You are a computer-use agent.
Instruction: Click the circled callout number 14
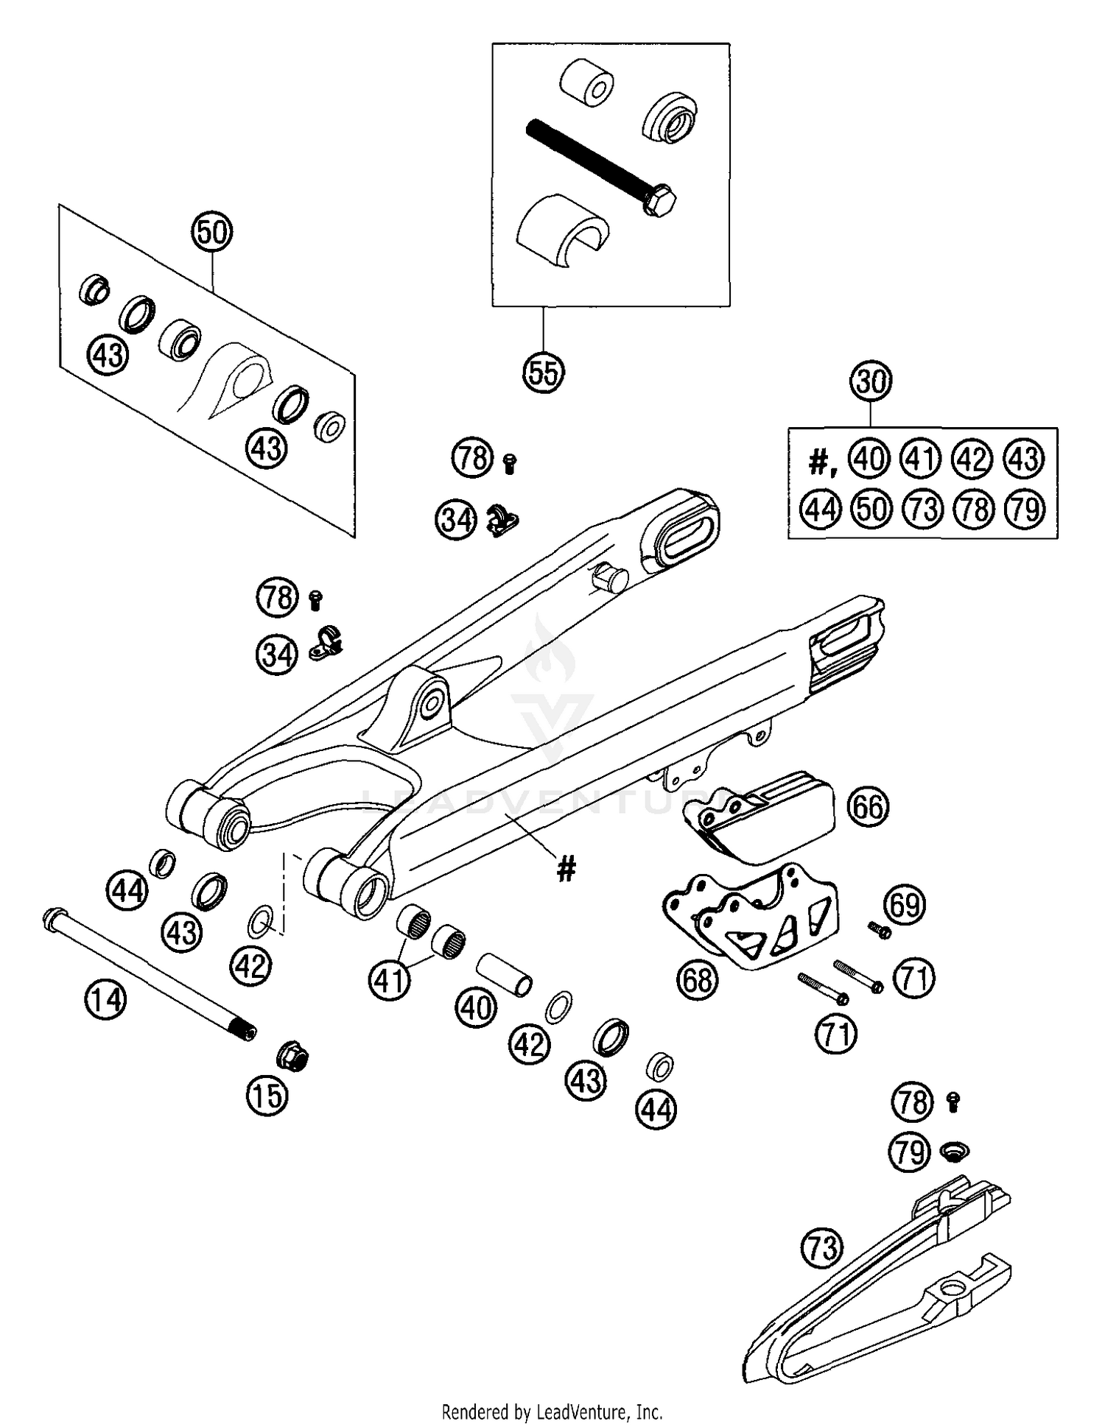(x=105, y=1000)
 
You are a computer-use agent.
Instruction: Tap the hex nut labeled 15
(x=292, y=1058)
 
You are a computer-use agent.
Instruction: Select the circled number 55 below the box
(x=543, y=373)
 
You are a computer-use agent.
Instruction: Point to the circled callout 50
(x=212, y=233)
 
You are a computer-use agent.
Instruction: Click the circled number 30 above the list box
(x=871, y=382)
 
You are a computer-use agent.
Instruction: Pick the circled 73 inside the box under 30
(x=922, y=509)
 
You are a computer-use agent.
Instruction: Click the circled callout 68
(x=698, y=980)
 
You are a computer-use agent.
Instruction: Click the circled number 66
(x=868, y=807)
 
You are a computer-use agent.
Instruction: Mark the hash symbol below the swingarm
(x=566, y=870)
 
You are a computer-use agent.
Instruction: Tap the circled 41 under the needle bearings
(x=390, y=980)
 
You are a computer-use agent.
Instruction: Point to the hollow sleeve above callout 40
(x=505, y=976)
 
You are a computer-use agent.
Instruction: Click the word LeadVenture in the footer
(x=587, y=1412)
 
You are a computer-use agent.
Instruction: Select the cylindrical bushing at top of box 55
(x=586, y=85)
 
